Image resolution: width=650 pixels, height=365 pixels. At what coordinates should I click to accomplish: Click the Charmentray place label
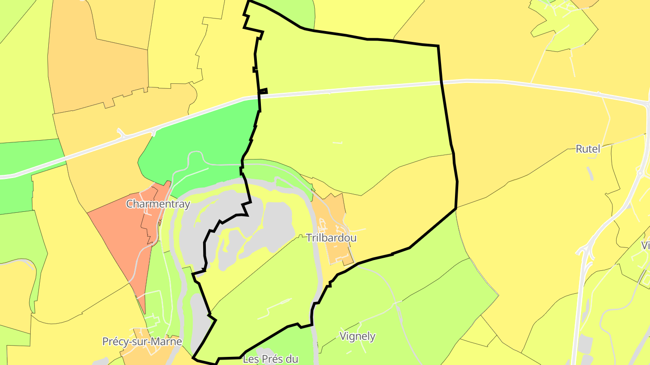(x=158, y=204)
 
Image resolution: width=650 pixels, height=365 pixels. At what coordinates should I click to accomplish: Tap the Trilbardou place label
(x=331, y=237)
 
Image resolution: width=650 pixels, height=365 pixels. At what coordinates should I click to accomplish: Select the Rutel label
(x=588, y=149)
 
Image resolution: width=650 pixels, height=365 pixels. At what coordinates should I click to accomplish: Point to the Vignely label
(x=357, y=336)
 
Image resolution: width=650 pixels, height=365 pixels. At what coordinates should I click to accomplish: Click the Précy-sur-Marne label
(x=142, y=342)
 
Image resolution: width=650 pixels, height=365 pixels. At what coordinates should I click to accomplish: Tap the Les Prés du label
(x=270, y=359)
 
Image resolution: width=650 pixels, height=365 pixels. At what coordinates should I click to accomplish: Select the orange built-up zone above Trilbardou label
(x=327, y=212)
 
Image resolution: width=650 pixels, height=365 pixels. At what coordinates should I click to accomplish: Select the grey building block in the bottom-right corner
(x=585, y=345)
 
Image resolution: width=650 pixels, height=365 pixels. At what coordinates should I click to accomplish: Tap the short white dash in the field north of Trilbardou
(x=337, y=143)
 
